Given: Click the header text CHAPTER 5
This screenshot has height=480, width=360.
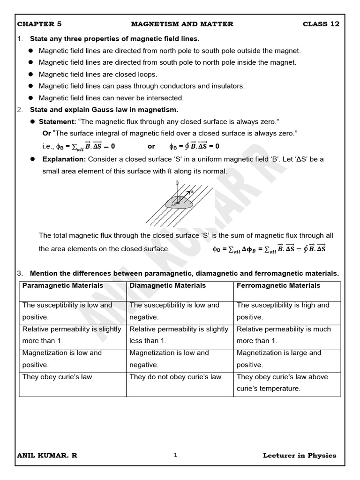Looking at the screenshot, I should click(39, 24).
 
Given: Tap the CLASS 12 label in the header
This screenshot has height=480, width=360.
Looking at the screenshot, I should click(321, 24).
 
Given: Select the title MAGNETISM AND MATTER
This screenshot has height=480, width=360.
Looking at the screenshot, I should click(182, 24).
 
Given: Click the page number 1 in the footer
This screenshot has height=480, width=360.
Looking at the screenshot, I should click(175, 455).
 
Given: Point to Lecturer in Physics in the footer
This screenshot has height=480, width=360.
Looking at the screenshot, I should click(300, 455).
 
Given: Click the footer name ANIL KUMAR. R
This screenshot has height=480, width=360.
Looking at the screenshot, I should click(47, 455).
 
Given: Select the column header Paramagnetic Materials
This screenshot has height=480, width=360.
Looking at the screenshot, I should click(63, 285).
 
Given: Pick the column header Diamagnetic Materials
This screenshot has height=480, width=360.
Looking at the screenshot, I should click(167, 285).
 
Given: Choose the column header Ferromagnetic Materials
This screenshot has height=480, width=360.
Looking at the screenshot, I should click(278, 285).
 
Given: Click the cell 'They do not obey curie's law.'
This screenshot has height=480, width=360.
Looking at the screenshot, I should click(176, 377).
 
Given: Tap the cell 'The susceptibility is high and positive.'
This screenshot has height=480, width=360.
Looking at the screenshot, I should click(283, 311).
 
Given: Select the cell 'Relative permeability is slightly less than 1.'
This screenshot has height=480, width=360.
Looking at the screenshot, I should click(179, 335).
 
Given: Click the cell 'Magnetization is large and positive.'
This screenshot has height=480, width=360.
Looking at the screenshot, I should click(279, 359).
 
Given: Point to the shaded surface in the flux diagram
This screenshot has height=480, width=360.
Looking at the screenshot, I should click(178, 203).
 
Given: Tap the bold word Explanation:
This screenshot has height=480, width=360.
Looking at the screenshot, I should click(63, 159).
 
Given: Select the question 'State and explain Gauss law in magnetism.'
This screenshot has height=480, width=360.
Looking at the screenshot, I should click(104, 110).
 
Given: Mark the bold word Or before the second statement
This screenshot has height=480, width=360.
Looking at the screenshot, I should click(46, 133).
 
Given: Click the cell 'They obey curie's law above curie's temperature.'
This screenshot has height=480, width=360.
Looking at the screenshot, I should click(282, 382).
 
